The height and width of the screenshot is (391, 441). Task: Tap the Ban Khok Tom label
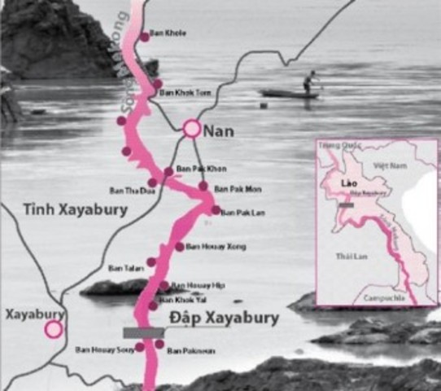[185, 93]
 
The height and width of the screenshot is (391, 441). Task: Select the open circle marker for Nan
[191, 128]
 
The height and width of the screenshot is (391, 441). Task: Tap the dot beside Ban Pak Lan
[216, 210]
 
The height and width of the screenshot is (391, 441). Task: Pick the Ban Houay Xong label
[215, 246]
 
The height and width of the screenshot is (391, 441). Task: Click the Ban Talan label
[122, 267]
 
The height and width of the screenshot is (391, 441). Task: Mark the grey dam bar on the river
[143, 332]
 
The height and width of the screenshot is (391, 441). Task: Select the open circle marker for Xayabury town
[54, 329]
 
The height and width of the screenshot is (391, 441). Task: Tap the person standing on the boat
[308, 81]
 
